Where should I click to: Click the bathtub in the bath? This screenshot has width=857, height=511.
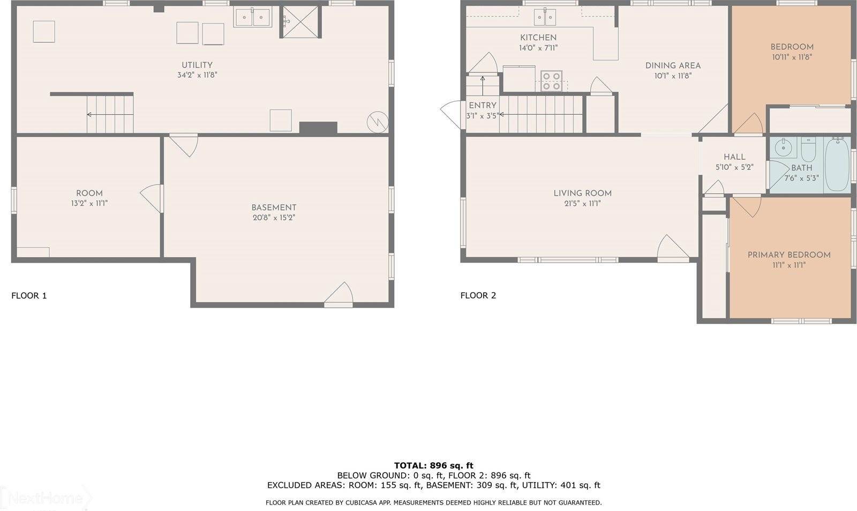point(837,164)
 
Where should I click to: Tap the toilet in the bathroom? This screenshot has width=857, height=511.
point(808,151)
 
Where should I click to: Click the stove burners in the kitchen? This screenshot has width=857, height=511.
point(551,81)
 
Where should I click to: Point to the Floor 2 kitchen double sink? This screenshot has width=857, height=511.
point(545,18)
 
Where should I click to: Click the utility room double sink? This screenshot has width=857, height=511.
point(252,17)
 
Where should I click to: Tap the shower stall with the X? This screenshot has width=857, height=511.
point(300,22)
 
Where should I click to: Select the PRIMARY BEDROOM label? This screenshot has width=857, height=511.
point(789,255)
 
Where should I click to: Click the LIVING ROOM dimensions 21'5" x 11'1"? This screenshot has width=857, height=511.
point(582,204)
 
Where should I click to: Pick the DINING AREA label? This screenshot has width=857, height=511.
point(673,65)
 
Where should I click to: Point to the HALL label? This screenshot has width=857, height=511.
point(734,157)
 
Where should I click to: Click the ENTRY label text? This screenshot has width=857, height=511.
point(483,106)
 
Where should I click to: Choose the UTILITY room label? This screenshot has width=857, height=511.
point(197,65)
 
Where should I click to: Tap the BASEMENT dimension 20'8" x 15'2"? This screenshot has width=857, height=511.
point(274,218)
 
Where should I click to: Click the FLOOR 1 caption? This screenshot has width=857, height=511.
point(29,295)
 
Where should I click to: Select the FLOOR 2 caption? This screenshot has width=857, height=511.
point(478,295)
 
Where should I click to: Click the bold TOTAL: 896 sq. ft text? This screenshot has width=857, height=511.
point(433,465)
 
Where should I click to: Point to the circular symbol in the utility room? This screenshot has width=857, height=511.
point(377,122)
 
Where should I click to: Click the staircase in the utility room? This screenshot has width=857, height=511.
point(110,114)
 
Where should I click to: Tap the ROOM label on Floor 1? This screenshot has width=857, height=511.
point(89,193)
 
